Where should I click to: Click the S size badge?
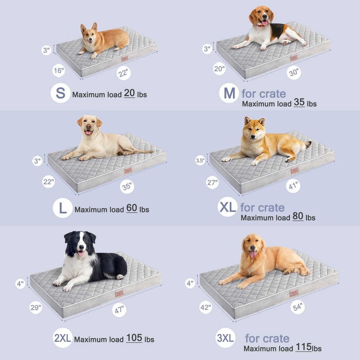[60, 93]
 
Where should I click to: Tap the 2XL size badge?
[63, 338]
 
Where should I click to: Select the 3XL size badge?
[225, 338]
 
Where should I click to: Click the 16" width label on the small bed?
[59, 70]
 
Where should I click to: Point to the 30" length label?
[294, 73]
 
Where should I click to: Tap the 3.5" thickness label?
[200, 160]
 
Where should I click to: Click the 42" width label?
[206, 307]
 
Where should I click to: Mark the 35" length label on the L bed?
[127, 186]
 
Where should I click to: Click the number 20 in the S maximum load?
[129, 93]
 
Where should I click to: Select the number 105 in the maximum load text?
[134, 338]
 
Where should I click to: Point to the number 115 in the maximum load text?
[303, 347]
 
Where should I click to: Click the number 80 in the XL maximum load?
[298, 216]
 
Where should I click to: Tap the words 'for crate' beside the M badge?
[264, 94]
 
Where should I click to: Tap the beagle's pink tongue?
[264, 23]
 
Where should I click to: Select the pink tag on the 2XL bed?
[119, 293]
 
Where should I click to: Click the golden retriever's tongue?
[253, 254]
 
